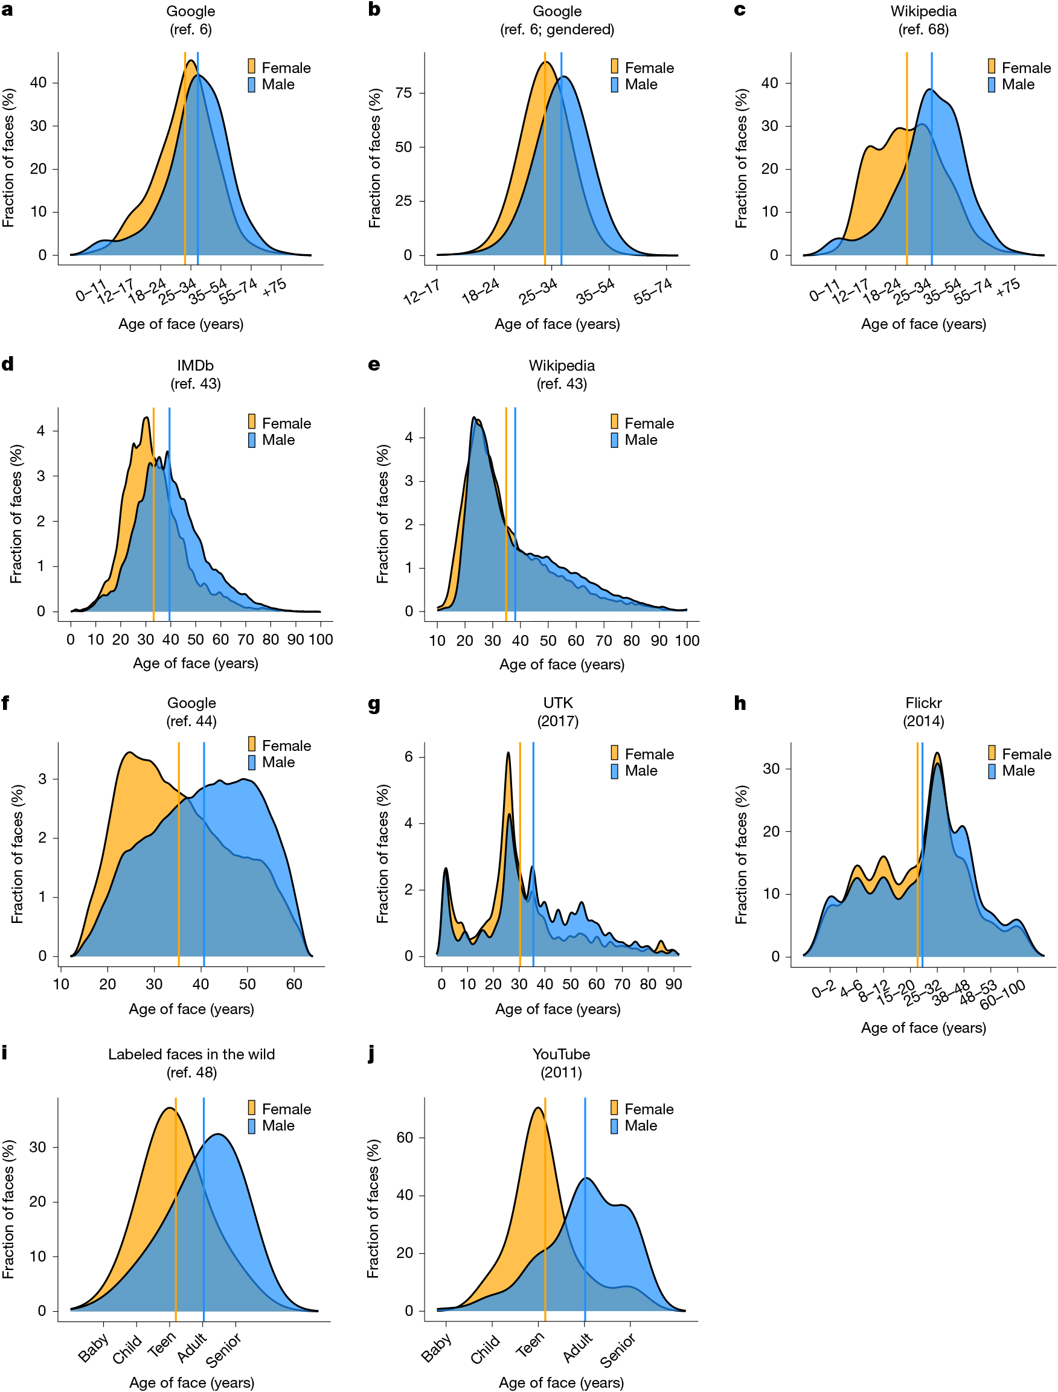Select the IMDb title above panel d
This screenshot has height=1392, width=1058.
[195, 365]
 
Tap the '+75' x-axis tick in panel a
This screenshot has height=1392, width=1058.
[275, 287]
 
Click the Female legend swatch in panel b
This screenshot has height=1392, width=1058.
[614, 67]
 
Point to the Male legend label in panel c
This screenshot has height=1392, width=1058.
[1018, 85]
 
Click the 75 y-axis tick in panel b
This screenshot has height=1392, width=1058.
[403, 92]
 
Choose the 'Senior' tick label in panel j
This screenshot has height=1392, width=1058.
[618, 1351]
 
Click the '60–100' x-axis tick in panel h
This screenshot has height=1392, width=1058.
[1002, 995]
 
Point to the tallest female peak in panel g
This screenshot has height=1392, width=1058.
[508, 753]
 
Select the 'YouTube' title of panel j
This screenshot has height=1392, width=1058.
[561, 1054]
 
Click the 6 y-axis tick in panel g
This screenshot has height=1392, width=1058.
[409, 757]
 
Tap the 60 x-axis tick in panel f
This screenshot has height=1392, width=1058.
[294, 984]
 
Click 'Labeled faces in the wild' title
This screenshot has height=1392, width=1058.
[191, 1054]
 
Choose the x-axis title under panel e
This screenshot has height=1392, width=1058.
[562, 664]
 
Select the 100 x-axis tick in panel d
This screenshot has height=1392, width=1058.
[321, 640]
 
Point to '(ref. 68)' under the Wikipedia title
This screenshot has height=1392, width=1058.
[923, 30]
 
